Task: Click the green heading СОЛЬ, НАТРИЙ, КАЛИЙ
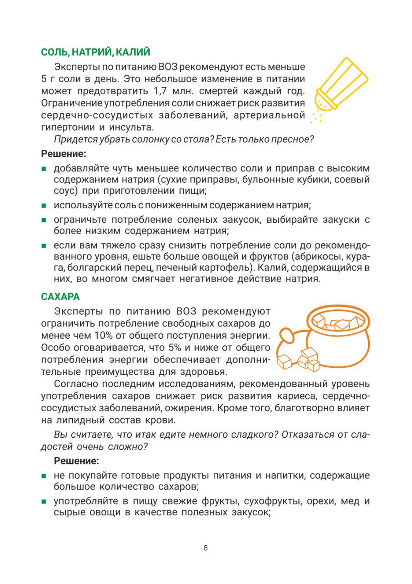tap(95, 52)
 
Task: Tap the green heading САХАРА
tap(60, 297)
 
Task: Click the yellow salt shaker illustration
tap(340, 87)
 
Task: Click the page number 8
tap(206, 548)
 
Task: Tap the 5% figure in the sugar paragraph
tap(174, 348)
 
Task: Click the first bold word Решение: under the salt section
tap(63, 154)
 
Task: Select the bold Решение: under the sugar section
tap(76, 461)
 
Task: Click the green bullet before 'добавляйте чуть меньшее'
tap(44, 169)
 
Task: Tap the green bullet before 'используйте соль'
tap(44, 206)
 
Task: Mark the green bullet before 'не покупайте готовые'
tap(44, 476)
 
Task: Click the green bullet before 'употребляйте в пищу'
tap(44, 501)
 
